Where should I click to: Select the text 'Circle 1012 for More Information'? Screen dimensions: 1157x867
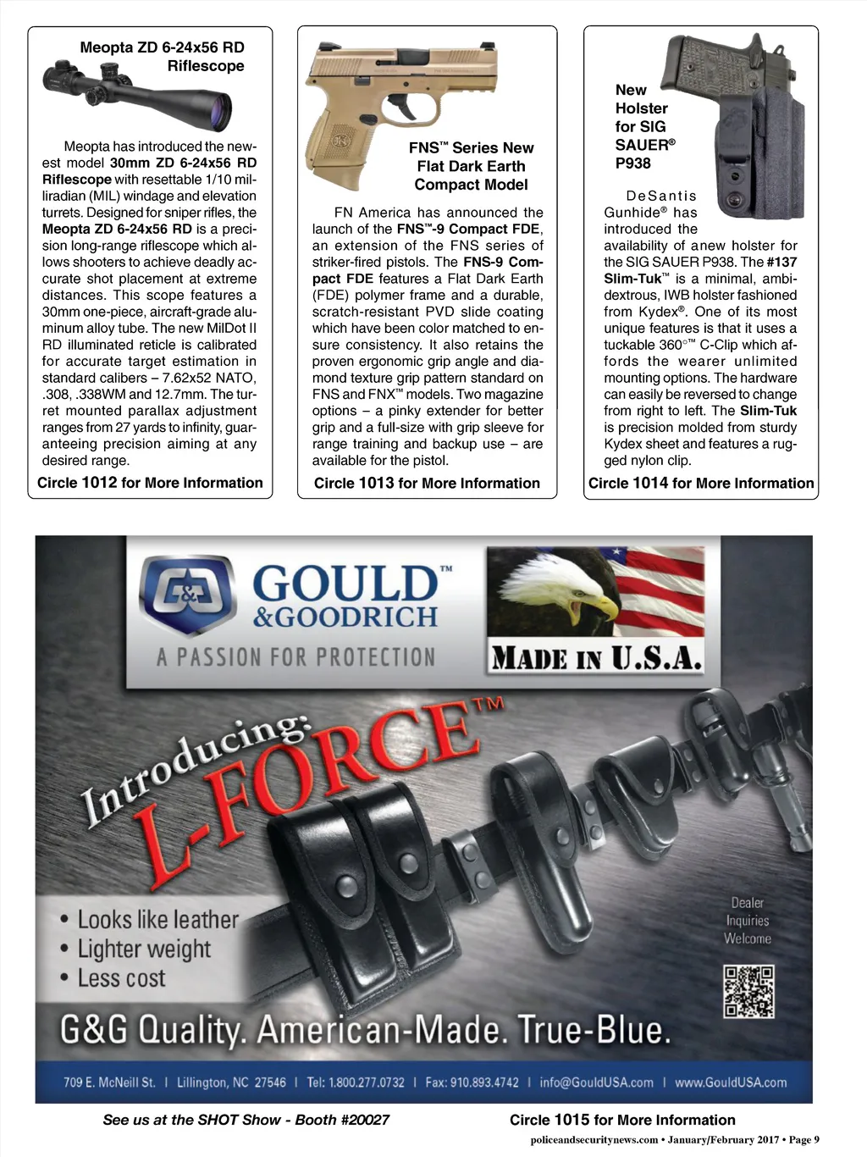(x=150, y=483)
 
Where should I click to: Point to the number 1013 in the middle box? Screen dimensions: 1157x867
(x=377, y=483)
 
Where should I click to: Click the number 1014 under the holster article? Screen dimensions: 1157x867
(x=650, y=483)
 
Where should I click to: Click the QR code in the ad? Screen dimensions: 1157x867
(x=748, y=991)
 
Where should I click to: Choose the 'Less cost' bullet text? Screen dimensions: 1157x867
(x=121, y=979)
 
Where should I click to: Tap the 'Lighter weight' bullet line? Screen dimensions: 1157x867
(x=144, y=949)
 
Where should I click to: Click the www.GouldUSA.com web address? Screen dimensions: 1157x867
(x=731, y=1082)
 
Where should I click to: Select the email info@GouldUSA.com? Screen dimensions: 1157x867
(x=596, y=1082)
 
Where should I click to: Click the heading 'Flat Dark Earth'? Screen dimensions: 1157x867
(x=471, y=166)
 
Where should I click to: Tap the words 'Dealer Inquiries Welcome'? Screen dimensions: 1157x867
(x=747, y=921)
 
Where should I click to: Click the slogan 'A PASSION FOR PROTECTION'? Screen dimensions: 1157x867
(x=295, y=657)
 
